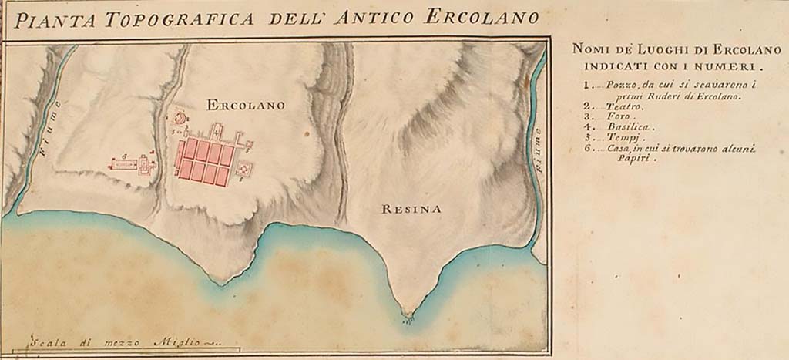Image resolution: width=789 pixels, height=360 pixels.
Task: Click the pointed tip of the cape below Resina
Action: click(x=408, y=312)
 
